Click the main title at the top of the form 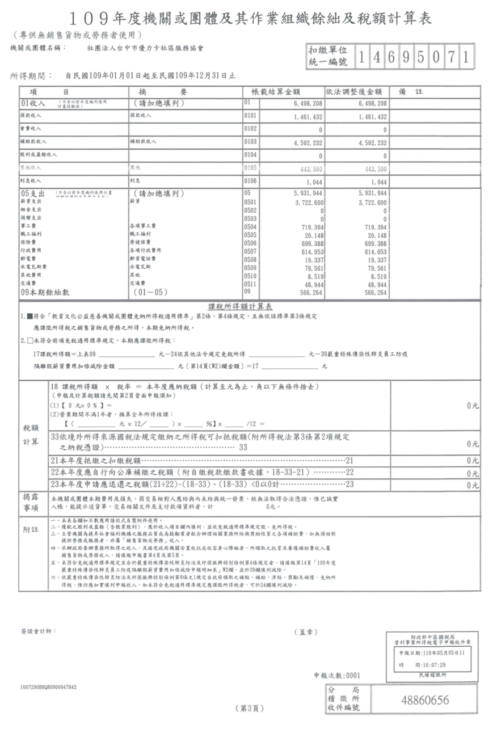[x=250, y=18]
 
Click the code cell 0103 [x=250, y=141]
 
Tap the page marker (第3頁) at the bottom [x=250, y=709]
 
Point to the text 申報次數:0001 [x=337, y=676]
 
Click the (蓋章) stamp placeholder [x=306, y=631]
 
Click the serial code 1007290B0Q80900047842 [x=48, y=687]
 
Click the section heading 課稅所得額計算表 [x=250, y=305]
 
